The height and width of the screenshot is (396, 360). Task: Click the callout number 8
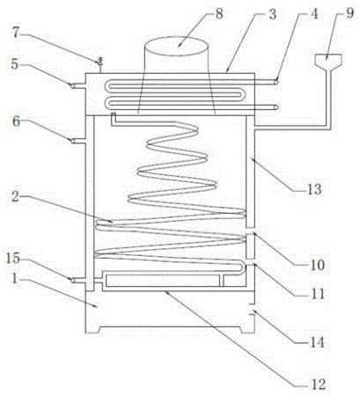pos(219,14)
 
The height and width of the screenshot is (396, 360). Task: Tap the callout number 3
pos(273,14)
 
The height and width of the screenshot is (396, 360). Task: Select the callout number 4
pos(314,14)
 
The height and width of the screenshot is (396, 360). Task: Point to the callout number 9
pos(349,13)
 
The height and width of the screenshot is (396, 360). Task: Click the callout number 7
pos(16,32)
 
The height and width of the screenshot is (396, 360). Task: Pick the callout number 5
pos(15,64)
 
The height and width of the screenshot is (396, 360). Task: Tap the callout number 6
pos(16,121)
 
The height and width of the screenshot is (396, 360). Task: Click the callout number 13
pos(314,189)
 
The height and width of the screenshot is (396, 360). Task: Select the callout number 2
pos(15,196)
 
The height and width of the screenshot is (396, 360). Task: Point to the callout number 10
pos(317,265)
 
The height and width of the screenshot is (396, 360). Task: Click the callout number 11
pos(317,294)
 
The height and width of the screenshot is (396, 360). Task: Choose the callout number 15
pos(13,258)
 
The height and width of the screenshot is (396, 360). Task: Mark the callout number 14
pos(317,342)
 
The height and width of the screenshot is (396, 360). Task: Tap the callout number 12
pos(319,385)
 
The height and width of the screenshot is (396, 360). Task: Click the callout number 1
pos(15,279)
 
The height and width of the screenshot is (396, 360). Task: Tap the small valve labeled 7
pos(100,62)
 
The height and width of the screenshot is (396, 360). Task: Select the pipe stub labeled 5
pos(77,85)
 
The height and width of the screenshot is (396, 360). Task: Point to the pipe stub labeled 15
pos(77,281)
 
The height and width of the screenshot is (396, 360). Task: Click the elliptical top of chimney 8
pos(177,47)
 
